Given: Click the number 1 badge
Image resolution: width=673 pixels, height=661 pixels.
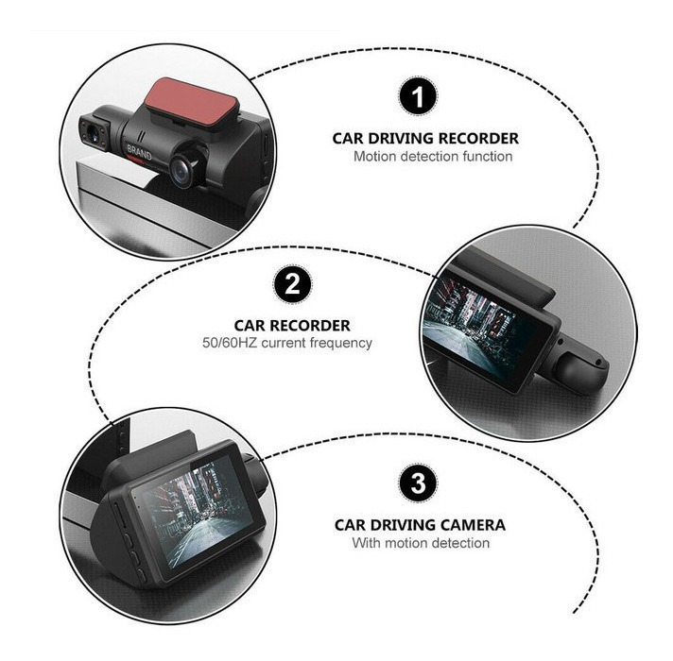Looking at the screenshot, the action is point(418,96).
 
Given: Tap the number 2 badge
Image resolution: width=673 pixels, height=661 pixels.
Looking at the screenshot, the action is point(293,284).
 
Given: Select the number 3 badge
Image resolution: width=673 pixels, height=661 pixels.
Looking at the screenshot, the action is point(418,483).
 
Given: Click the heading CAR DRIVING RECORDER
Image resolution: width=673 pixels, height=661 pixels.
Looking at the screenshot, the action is point(425,139).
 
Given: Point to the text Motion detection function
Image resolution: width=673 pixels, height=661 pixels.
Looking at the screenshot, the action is point(433,157).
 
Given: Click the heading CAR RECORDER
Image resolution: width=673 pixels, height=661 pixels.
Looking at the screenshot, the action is point(292,326).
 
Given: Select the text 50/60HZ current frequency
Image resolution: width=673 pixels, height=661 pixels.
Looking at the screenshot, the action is point(287,343).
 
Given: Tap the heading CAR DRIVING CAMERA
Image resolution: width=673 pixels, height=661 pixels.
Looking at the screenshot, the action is point(420,525).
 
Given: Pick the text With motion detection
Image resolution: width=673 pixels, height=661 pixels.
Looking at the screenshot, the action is point(421,543).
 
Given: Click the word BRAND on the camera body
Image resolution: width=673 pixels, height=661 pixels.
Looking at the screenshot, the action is point(139,152).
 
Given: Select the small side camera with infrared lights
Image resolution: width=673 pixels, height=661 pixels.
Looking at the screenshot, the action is point(95,131).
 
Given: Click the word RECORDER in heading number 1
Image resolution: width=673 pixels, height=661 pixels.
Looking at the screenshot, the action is point(478,139).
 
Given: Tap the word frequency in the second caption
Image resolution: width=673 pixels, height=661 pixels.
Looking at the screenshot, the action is point(341,344).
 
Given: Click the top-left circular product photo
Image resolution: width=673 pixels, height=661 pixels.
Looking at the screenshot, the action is point(168,152).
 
